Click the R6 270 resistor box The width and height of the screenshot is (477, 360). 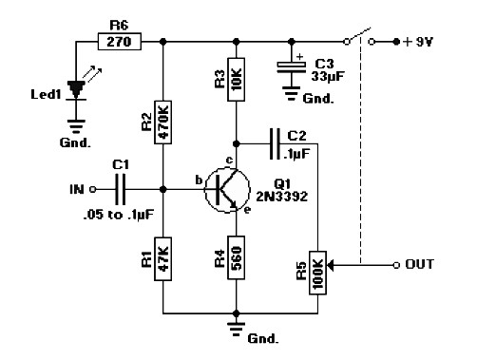[120, 41]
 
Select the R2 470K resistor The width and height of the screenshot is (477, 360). [162, 123]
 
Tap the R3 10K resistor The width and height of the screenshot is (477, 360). [236, 79]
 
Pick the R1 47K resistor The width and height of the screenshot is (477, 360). [162, 258]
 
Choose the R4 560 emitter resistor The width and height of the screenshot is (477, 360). [236, 257]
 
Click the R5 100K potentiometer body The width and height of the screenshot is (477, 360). [317, 273]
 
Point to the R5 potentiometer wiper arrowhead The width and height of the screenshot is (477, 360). [330, 265]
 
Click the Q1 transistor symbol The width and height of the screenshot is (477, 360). [227, 190]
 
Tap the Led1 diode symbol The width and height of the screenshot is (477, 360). [76, 90]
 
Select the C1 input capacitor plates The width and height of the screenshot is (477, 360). [121, 190]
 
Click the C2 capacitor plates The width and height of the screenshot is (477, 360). [275, 144]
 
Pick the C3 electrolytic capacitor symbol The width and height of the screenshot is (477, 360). [292, 67]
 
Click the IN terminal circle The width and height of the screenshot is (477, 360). [92, 190]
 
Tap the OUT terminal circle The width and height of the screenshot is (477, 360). [396, 265]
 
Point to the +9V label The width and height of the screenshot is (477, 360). [418, 42]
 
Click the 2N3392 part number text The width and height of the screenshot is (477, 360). [281, 197]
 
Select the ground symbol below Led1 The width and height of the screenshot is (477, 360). [76, 126]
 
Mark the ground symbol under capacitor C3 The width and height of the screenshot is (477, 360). [292, 93]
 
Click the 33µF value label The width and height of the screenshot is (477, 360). [328, 77]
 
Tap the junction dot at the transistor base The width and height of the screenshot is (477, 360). [162, 190]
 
